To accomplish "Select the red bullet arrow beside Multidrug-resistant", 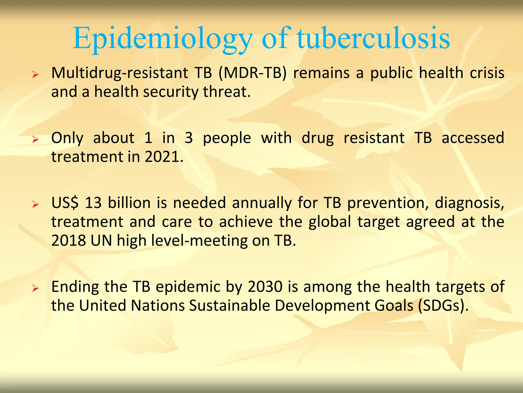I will coord(35,75).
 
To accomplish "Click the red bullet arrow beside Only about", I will coord(35,139).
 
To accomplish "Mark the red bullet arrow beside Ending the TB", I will coord(35,288).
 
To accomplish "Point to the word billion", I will coord(129,203).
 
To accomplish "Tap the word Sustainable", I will coord(229,306).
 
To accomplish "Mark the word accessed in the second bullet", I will coord(473,138).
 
